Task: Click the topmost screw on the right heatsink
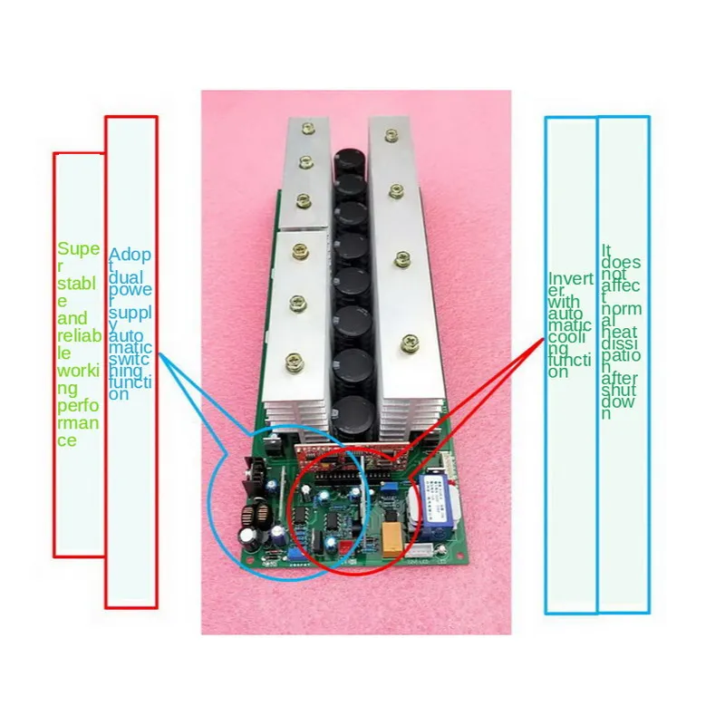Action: (x=391, y=136)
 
